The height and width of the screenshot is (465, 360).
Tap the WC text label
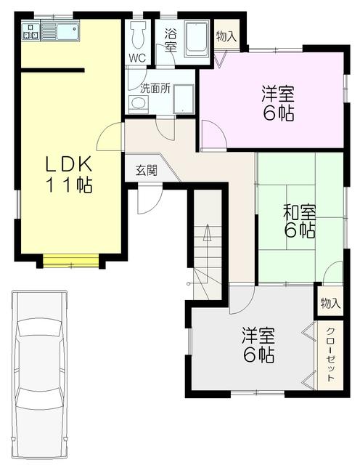point(138,58)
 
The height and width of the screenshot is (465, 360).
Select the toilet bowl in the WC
point(138,34)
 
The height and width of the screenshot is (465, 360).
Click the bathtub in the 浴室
point(196,39)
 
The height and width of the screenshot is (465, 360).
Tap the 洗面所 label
point(155,89)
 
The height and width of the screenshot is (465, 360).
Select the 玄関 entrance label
point(147,171)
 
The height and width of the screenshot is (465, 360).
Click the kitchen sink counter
point(60,31)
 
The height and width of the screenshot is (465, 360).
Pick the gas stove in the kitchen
point(30,32)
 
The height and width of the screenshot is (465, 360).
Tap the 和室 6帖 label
point(299,222)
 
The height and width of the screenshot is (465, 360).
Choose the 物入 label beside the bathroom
point(226,36)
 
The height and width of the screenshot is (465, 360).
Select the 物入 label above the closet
point(330,303)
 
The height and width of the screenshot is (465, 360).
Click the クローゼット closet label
point(330,355)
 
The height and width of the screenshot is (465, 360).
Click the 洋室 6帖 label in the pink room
point(278,103)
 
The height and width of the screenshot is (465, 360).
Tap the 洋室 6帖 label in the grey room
point(258,345)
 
